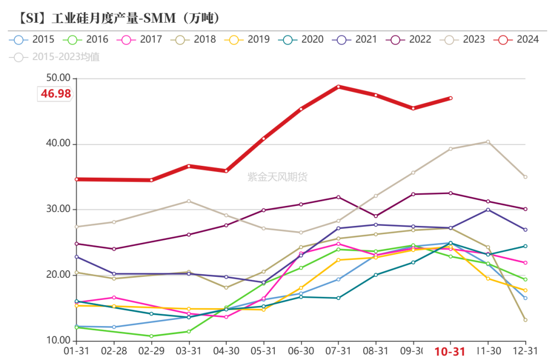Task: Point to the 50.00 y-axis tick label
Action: (x=57, y=78)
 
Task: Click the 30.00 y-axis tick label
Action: (x=57, y=210)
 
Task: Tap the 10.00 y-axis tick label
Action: (x=57, y=340)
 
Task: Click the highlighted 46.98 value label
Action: (x=55, y=94)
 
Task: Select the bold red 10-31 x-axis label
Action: (x=450, y=352)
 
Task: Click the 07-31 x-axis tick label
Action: (x=338, y=352)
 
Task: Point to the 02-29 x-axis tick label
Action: (x=151, y=352)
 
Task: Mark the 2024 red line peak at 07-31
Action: (x=338, y=87)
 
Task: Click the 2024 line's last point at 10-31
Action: (x=451, y=98)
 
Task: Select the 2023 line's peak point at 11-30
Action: (x=488, y=142)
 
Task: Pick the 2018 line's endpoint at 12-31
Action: (x=525, y=320)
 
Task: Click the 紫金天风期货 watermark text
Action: (x=277, y=177)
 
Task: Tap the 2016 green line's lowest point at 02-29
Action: (x=151, y=336)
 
